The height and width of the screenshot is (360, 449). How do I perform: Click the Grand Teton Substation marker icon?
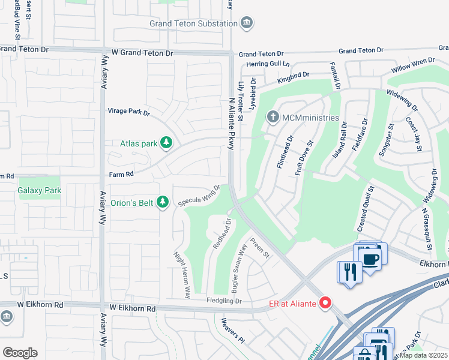[246, 23]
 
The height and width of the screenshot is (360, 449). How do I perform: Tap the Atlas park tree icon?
[166, 143]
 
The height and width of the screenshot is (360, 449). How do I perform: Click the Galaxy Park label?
[40, 190]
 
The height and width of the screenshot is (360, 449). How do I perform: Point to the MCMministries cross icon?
[273, 118]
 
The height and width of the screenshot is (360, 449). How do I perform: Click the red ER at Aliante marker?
[325, 304]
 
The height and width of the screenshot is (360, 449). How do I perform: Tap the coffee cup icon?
[370, 259]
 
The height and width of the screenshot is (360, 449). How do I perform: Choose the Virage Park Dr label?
[128, 112]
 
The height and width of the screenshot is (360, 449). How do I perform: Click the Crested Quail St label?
[366, 209]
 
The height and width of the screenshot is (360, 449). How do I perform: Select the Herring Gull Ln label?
[265, 64]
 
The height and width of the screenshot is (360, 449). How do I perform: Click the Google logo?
[20, 353]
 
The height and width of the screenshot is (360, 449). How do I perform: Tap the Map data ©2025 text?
[423, 355]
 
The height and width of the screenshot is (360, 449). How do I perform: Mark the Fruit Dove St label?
[304, 158]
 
